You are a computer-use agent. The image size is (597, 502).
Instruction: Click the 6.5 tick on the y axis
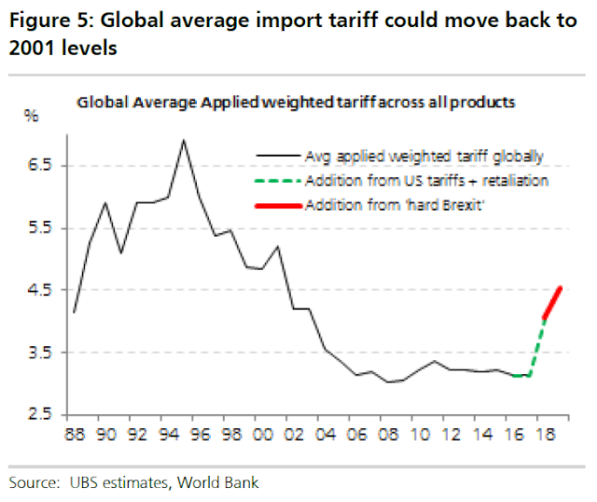[40, 165]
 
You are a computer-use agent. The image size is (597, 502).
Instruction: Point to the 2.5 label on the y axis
[40, 415]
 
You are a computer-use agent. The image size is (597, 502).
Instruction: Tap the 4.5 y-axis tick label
[40, 290]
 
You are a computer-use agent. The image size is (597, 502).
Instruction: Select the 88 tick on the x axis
[72, 435]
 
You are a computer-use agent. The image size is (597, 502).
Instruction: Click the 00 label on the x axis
[262, 435]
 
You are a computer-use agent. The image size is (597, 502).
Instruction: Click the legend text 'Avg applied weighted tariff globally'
[423, 157]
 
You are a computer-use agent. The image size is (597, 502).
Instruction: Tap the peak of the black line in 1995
[183, 140]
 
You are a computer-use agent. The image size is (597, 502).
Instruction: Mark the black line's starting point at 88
[73, 312]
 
